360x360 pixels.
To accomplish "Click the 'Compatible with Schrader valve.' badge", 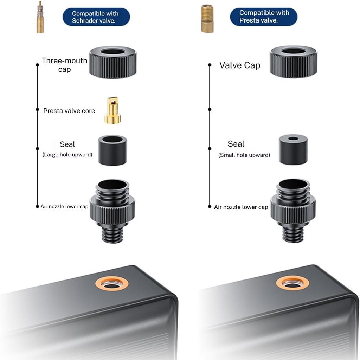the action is tap(96, 17).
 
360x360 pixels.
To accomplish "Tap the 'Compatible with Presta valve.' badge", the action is tap(264, 17).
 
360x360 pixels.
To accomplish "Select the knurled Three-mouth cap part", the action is tap(113, 62).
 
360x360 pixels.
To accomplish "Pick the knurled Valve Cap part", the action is tap(294, 62).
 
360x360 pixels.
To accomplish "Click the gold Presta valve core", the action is tap(113, 110).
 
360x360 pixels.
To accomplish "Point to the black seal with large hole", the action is tap(112, 150).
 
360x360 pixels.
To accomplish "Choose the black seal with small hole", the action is tap(293, 150).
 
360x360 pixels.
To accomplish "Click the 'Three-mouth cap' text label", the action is tap(65, 65).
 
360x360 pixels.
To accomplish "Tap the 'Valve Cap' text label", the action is tap(240, 65).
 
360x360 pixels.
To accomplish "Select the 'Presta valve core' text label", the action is tap(69, 111).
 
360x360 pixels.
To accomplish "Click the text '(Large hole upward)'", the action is tap(67, 155).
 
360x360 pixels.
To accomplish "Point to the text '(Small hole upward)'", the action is tap(244, 155).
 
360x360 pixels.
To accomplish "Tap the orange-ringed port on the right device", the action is tap(292, 283).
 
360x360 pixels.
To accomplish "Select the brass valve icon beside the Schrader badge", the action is tap(40, 17).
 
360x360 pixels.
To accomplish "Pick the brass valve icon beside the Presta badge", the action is tap(207, 19).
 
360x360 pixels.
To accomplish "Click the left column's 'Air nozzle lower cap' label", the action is tap(64, 207).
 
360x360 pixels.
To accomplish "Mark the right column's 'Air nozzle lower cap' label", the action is tap(241, 207).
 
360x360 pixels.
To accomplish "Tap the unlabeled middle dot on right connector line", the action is tap(210, 109).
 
